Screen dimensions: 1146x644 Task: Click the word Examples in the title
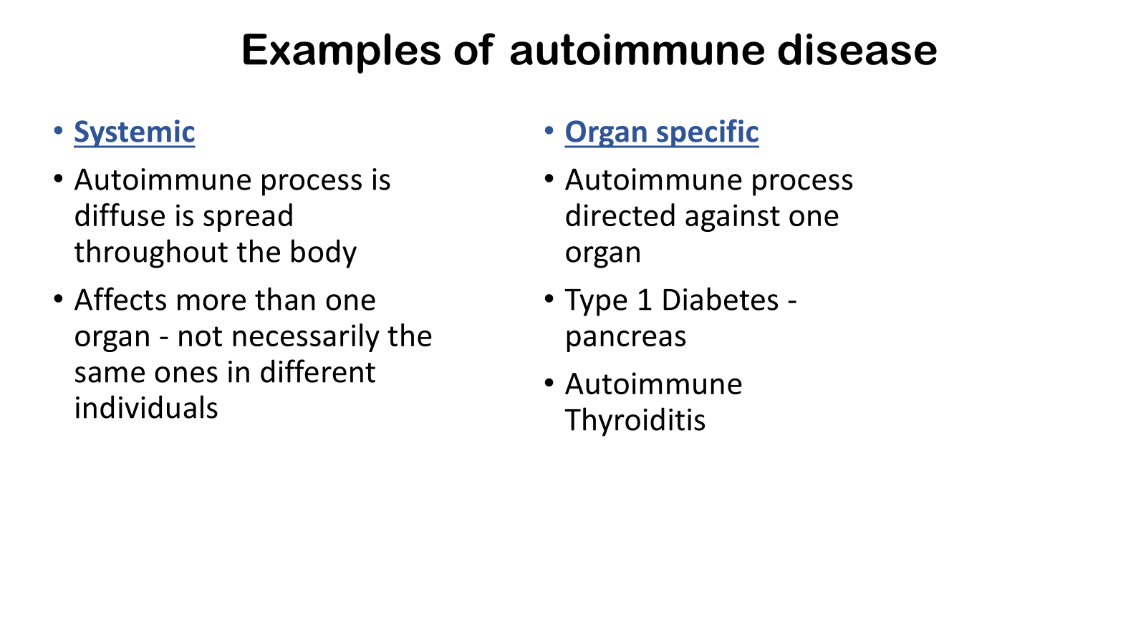pos(341,51)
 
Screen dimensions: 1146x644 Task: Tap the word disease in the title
pos(857,50)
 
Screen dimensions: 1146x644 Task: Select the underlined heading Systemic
pos(135,133)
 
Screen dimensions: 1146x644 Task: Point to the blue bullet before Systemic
pos(58,131)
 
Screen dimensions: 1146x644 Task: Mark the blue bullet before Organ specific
pos(549,131)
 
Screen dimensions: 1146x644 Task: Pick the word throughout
pos(151,252)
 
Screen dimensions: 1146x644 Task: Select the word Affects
pos(120,300)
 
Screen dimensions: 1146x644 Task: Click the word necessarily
pos(305,337)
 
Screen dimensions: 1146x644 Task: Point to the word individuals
pos(146,408)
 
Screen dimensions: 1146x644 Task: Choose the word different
pos(318,372)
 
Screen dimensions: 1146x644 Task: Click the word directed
pos(620,215)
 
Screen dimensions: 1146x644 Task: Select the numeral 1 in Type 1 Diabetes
pos(645,300)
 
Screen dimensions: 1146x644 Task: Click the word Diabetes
pos(720,300)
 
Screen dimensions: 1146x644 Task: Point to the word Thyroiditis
pos(635,420)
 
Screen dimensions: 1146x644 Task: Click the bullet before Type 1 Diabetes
pos(549,298)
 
